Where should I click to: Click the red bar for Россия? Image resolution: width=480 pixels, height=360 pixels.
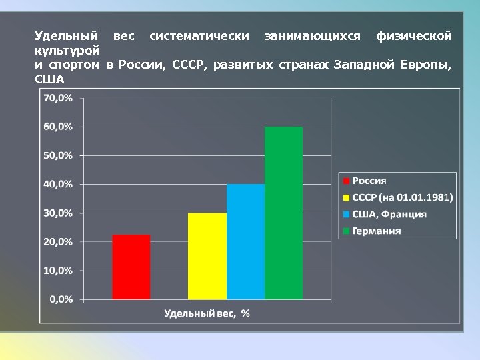(x=131, y=267)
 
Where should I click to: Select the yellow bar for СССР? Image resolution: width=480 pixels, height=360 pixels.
(x=207, y=256)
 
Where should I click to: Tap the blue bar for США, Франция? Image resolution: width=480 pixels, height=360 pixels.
(x=245, y=241)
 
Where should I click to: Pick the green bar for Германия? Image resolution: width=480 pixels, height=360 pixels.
(x=283, y=213)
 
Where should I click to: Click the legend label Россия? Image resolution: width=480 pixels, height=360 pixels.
(x=369, y=181)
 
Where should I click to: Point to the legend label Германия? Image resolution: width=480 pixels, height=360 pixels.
(x=377, y=231)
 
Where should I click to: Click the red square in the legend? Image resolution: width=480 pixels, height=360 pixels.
(x=347, y=181)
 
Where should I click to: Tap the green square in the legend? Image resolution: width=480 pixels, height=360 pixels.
(x=347, y=231)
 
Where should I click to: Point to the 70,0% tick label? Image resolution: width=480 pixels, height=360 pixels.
(x=59, y=98)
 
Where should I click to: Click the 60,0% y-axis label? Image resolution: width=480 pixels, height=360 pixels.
(x=59, y=127)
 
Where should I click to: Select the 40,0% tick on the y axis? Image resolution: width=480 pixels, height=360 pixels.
(x=59, y=184)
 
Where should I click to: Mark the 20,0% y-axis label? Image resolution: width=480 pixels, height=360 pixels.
(x=59, y=242)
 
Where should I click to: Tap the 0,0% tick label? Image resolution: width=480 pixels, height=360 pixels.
(x=61, y=299)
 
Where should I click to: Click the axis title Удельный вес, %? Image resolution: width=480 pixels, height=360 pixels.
(x=207, y=313)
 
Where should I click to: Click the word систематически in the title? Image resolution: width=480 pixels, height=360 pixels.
(x=199, y=35)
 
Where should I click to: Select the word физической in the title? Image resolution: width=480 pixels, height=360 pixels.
(x=413, y=35)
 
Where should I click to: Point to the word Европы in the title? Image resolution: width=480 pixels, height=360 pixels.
(x=426, y=65)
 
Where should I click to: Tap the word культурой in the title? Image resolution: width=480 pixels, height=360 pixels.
(x=67, y=50)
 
